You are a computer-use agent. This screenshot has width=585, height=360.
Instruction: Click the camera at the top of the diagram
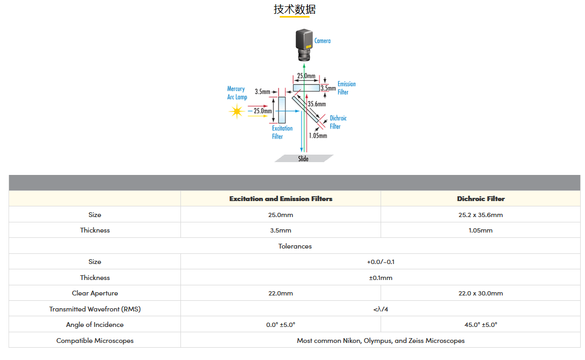click(x=304, y=45)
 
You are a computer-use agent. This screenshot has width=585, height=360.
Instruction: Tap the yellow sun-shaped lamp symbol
click(x=236, y=111)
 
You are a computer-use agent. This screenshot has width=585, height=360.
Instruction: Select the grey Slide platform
click(x=304, y=158)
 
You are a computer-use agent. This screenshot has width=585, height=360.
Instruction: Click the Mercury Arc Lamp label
click(x=237, y=93)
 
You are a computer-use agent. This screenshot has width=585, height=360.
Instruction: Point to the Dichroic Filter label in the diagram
click(x=338, y=122)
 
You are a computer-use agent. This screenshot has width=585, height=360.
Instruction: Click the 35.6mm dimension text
click(x=317, y=104)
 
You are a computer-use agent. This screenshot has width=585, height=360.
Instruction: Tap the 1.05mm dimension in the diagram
click(x=318, y=135)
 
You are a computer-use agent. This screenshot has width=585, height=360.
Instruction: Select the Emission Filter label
click(x=346, y=88)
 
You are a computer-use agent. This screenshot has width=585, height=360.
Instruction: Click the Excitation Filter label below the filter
click(x=282, y=132)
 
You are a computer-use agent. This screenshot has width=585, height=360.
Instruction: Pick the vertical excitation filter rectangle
click(x=282, y=110)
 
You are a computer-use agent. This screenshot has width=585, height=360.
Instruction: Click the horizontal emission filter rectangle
click(x=306, y=88)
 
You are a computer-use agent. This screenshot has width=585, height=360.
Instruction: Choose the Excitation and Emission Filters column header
click(x=281, y=198)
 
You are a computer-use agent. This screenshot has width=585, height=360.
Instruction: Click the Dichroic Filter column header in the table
click(x=480, y=198)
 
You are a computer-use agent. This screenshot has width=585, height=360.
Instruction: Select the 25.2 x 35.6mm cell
click(x=480, y=214)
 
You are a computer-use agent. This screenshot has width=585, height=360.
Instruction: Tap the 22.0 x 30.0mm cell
click(x=480, y=293)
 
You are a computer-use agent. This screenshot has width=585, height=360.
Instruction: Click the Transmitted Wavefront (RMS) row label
click(x=95, y=309)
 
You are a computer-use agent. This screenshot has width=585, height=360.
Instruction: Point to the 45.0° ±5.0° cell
click(x=480, y=325)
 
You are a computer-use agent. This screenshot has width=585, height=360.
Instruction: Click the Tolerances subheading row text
click(x=295, y=246)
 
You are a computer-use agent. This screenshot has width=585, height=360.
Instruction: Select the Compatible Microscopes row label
click(x=95, y=341)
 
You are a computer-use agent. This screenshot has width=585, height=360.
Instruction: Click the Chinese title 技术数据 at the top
click(x=295, y=9)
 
